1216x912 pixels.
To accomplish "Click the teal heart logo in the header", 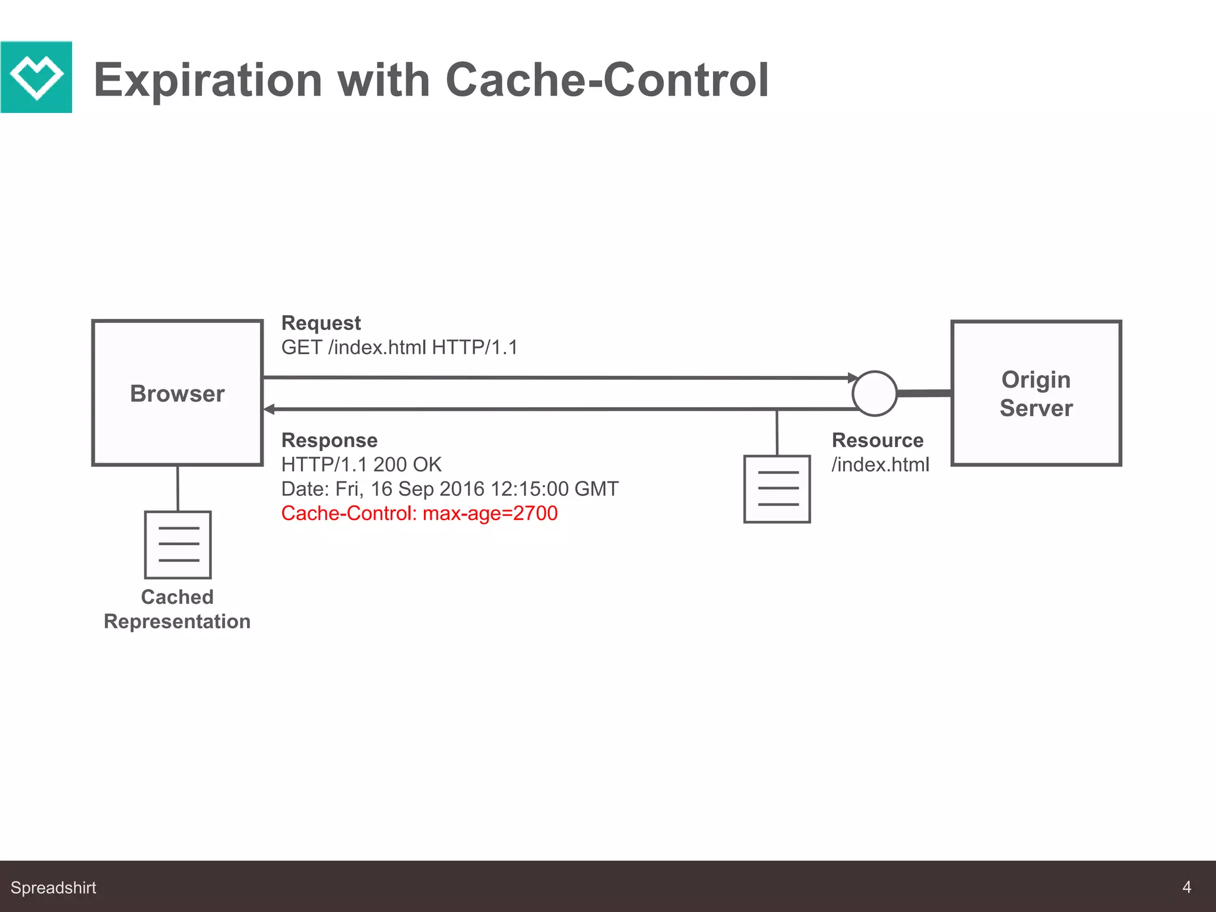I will pyautogui.click(x=36, y=77).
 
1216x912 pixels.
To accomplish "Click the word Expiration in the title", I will pyautogui.click(x=208, y=80).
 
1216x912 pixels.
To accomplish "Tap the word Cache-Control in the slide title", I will pyautogui.click(x=606, y=80).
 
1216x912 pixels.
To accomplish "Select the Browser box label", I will pyautogui.click(x=177, y=394).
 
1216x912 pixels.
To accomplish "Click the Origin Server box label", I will pyautogui.click(x=1036, y=394).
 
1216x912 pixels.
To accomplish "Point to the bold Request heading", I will pyautogui.click(x=321, y=323).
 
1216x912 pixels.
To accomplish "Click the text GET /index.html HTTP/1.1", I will pyautogui.click(x=399, y=347).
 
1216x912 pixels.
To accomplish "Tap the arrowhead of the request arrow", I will pyautogui.click(x=853, y=378).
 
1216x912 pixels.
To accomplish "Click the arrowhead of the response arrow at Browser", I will pyautogui.click(x=269, y=409).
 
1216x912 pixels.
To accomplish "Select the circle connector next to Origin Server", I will pyautogui.click(x=874, y=394).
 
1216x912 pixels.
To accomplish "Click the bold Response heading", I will pyautogui.click(x=329, y=441).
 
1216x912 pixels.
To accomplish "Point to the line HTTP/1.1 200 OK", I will pyautogui.click(x=361, y=464).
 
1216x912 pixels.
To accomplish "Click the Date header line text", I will pyautogui.click(x=449, y=489).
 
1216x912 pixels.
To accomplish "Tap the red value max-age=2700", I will pyautogui.click(x=490, y=514).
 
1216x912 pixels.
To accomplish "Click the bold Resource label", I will pyautogui.click(x=878, y=441).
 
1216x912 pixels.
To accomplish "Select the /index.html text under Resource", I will pyautogui.click(x=880, y=464).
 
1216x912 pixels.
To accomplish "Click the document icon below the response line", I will pyautogui.click(x=777, y=489).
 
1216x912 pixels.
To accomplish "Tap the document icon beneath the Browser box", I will pyautogui.click(x=178, y=544).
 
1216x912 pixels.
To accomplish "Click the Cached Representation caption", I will pyautogui.click(x=177, y=609).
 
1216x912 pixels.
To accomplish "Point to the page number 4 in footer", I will pyautogui.click(x=1186, y=887).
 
